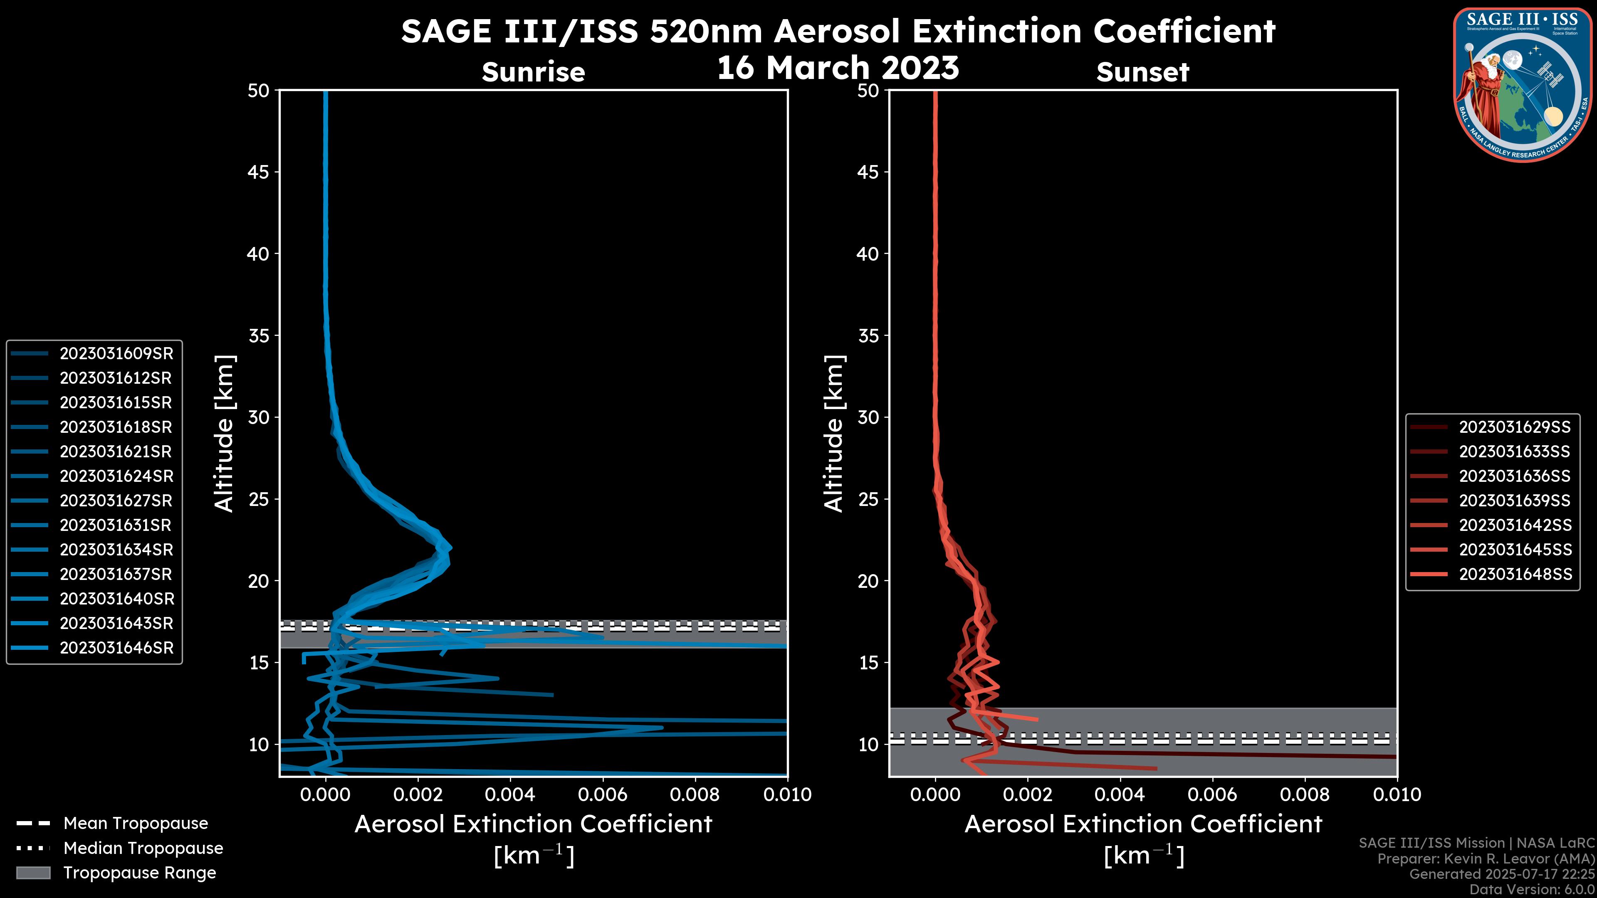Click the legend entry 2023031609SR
coord(116,354)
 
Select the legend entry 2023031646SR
coord(116,648)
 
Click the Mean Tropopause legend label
coord(136,824)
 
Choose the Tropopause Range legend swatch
coord(33,873)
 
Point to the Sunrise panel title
coord(533,72)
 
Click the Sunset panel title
coord(1142,72)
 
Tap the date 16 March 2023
coord(838,67)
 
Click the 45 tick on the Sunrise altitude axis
coord(258,172)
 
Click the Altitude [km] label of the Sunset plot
coord(834,434)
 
